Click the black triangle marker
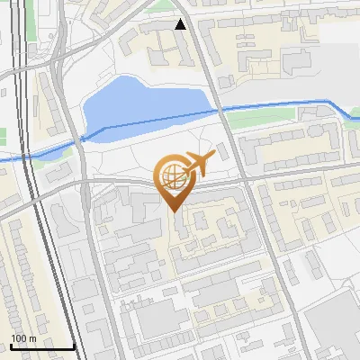[181, 24]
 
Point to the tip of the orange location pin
[173, 210]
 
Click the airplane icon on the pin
[198, 163]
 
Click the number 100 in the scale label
[18, 338]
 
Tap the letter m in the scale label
[31, 338]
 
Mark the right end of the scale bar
[75, 346]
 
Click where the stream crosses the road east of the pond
[222, 110]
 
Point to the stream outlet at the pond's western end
[83, 138]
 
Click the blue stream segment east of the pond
[279, 105]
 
